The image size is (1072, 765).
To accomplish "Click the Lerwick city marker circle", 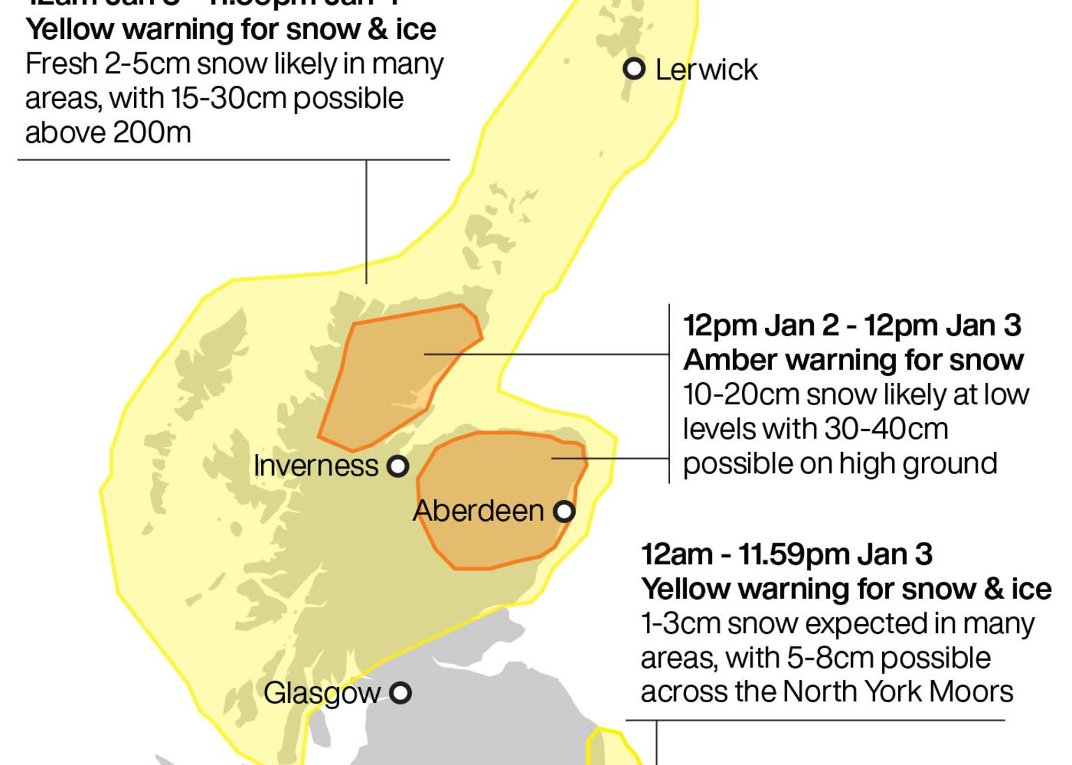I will tap(634, 69).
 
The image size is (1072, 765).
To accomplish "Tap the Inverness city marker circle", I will tap(398, 466).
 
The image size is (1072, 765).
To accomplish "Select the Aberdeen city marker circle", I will tap(564, 512).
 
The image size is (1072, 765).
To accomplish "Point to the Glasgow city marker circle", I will tap(401, 693).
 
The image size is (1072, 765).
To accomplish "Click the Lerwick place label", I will tap(706, 70).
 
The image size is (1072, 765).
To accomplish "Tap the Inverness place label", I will tap(315, 466).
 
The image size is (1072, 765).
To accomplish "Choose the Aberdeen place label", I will tap(478, 511).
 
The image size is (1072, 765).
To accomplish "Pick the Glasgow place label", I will tap(322, 693).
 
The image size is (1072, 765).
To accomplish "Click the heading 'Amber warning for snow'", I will tap(853, 361).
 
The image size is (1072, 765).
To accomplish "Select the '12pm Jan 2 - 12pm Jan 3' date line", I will tap(852, 326).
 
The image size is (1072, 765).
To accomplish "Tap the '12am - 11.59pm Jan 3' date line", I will tap(787, 555).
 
